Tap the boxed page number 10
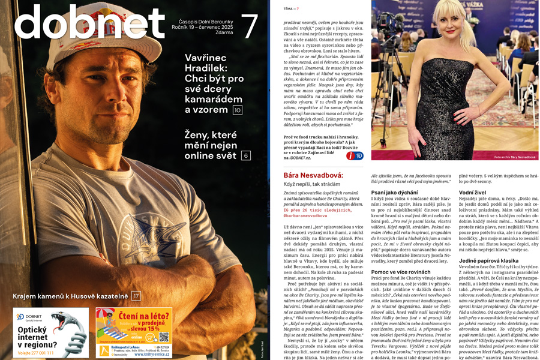[x=238, y=110]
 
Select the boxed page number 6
[x=246, y=155]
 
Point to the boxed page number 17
[x=136, y=296]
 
